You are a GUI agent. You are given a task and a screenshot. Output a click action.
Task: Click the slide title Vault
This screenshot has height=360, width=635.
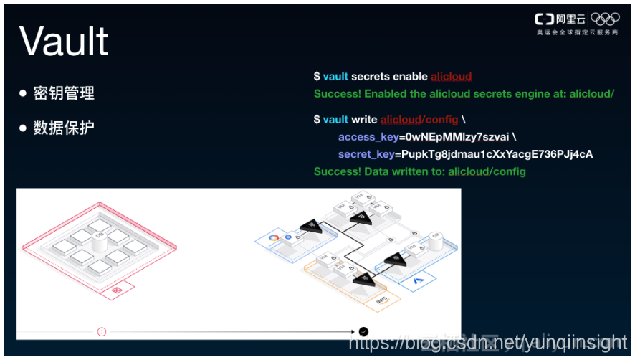64,41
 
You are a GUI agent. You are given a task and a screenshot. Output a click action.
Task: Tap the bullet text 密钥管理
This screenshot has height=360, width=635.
64,93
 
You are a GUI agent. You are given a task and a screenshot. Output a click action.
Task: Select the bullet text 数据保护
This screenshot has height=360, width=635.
64,128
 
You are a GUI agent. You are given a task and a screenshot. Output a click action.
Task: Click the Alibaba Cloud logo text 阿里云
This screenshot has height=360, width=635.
570,19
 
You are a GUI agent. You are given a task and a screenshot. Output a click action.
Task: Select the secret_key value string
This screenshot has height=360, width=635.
497,154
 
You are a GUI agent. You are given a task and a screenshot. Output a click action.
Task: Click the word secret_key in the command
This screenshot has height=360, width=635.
365,154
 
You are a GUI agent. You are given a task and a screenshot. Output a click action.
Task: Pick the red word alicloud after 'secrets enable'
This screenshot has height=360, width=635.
451,76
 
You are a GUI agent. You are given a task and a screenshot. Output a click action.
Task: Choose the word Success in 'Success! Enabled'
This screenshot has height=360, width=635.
337,93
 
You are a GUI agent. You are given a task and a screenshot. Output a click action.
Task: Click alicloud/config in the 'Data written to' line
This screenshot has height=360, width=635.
487,171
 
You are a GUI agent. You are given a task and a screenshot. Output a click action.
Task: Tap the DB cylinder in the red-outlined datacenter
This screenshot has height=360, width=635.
100,237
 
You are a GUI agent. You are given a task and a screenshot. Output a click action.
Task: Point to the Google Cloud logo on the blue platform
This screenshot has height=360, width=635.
272,237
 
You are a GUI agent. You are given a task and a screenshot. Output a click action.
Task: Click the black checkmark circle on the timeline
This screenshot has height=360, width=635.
363,331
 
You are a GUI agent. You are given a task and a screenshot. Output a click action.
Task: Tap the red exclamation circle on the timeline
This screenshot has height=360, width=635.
102,331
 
